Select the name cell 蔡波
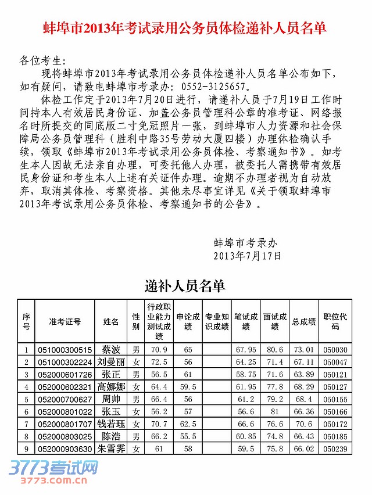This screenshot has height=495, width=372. pyautogui.click(x=111, y=350)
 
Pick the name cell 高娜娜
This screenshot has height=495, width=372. pyautogui.click(x=111, y=386)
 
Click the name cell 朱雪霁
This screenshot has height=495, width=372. pyautogui.click(x=111, y=449)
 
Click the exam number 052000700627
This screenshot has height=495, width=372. pyautogui.click(x=65, y=399)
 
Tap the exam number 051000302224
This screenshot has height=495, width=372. pyautogui.click(x=65, y=362)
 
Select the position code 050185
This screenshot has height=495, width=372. pyautogui.click(x=335, y=436)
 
